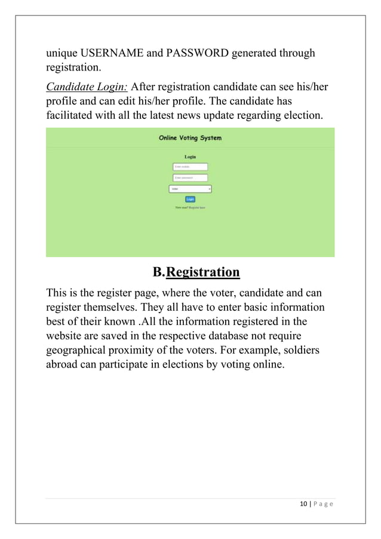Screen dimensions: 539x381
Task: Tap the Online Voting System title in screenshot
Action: pos(190,138)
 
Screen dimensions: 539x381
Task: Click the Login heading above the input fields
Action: pos(190,157)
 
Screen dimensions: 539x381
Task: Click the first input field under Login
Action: pos(190,167)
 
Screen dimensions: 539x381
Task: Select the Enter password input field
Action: pos(190,177)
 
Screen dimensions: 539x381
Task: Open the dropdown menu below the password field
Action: pos(190,189)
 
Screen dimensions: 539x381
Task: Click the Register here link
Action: pos(196,207)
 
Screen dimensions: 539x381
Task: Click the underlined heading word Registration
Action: pos(202,272)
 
